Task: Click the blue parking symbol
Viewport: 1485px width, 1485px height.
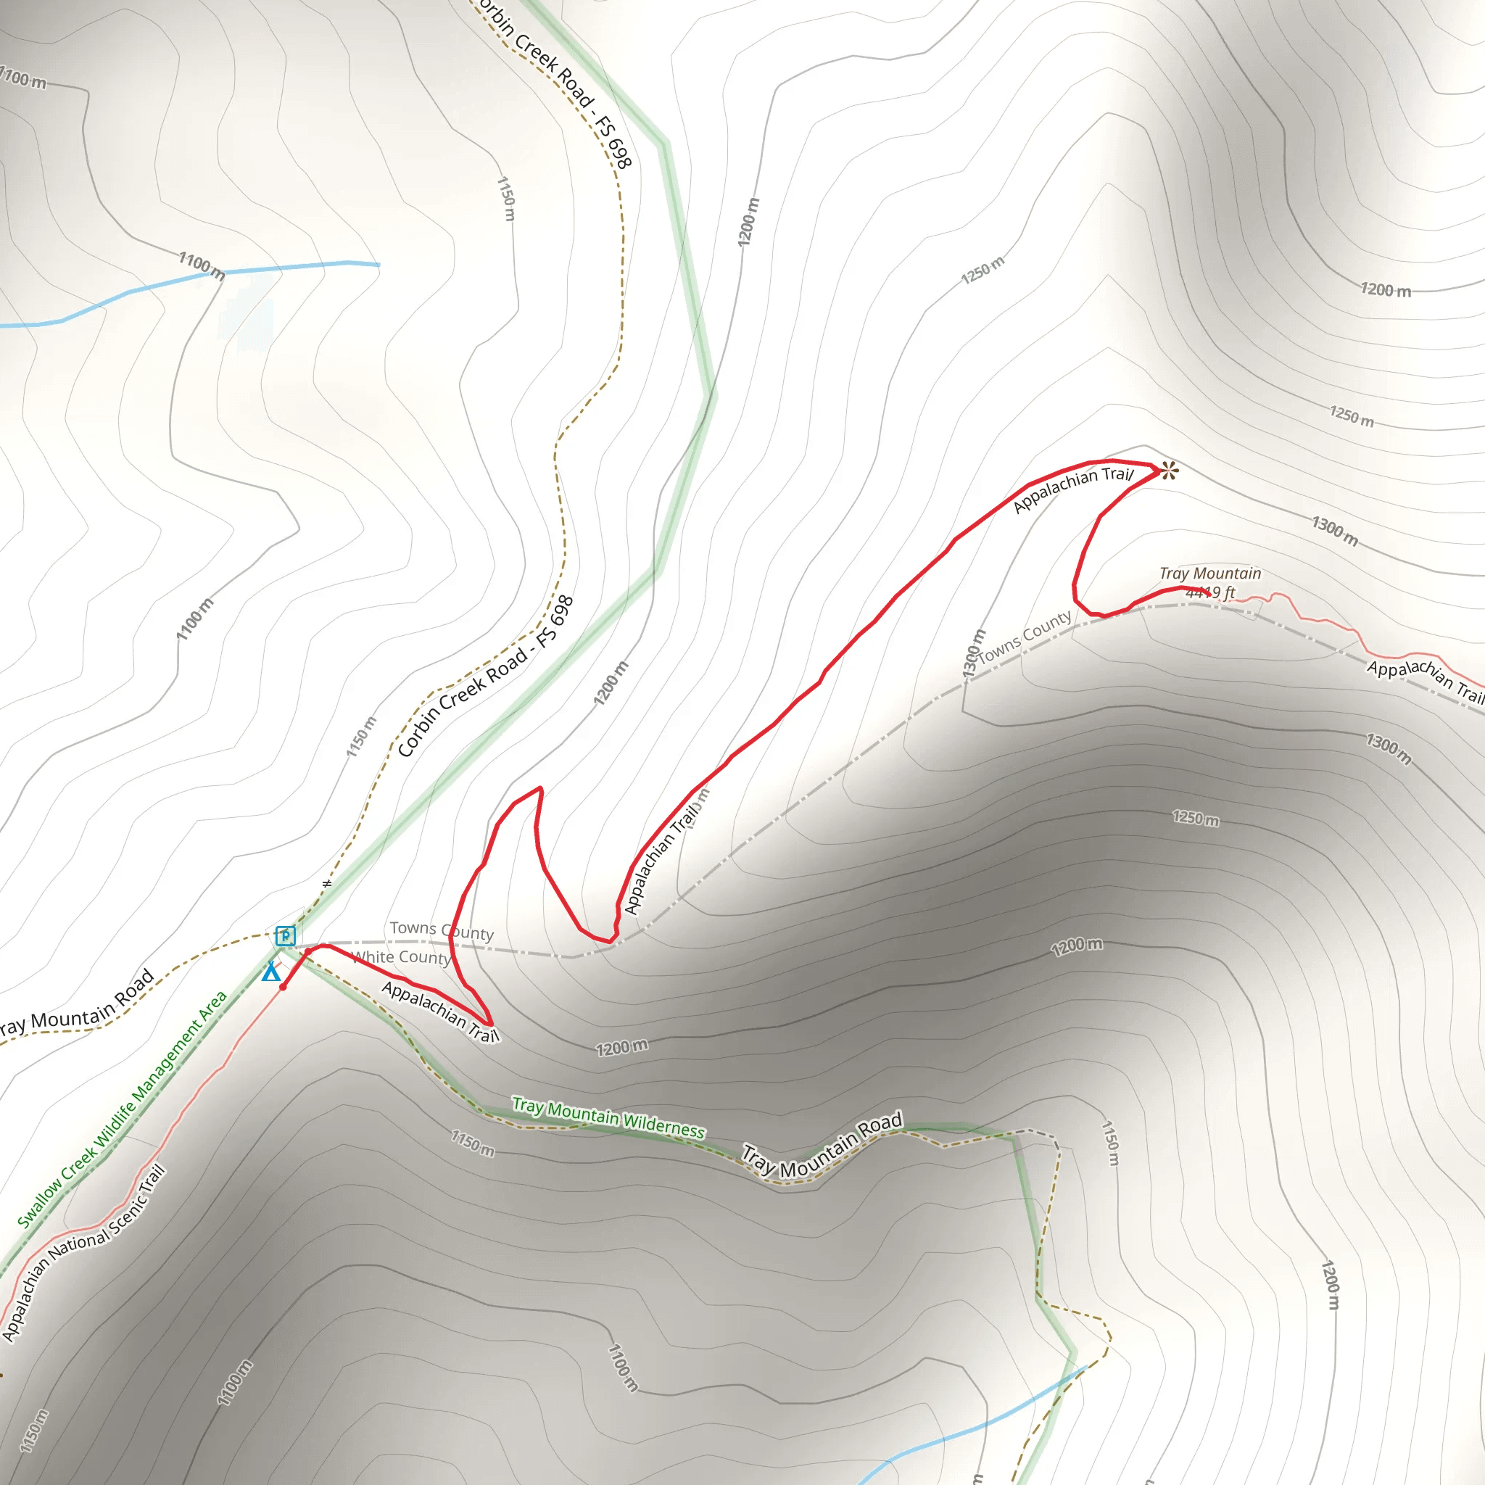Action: click(x=285, y=935)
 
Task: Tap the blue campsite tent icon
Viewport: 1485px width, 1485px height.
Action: click(x=270, y=972)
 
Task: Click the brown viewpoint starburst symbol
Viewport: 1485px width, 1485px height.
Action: click(x=1168, y=470)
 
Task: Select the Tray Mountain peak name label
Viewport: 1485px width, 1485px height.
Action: click(x=1210, y=574)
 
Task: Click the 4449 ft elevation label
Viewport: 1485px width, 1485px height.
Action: click(x=1210, y=592)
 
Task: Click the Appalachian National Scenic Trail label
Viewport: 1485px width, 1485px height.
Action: click(x=83, y=1254)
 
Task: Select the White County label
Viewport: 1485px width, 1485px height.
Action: click(x=400, y=958)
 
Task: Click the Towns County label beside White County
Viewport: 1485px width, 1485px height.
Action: click(x=441, y=931)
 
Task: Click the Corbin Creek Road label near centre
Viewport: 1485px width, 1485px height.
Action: click(x=486, y=677)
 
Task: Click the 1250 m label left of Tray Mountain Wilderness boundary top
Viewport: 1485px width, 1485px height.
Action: click(x=983, y=270)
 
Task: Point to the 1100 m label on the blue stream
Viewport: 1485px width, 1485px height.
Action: click(x=202, y=265)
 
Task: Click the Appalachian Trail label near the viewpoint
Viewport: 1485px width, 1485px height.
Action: click(x=1073, y=489)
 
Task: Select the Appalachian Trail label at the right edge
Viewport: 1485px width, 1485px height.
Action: click(x=1425, y=679)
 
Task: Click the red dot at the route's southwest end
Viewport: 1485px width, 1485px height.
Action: click(x=283, y=987)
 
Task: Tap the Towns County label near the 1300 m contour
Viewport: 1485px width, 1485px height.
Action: click(x=1025, y=637)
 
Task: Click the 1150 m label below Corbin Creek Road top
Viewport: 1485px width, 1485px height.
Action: click(x=506, y=198)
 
